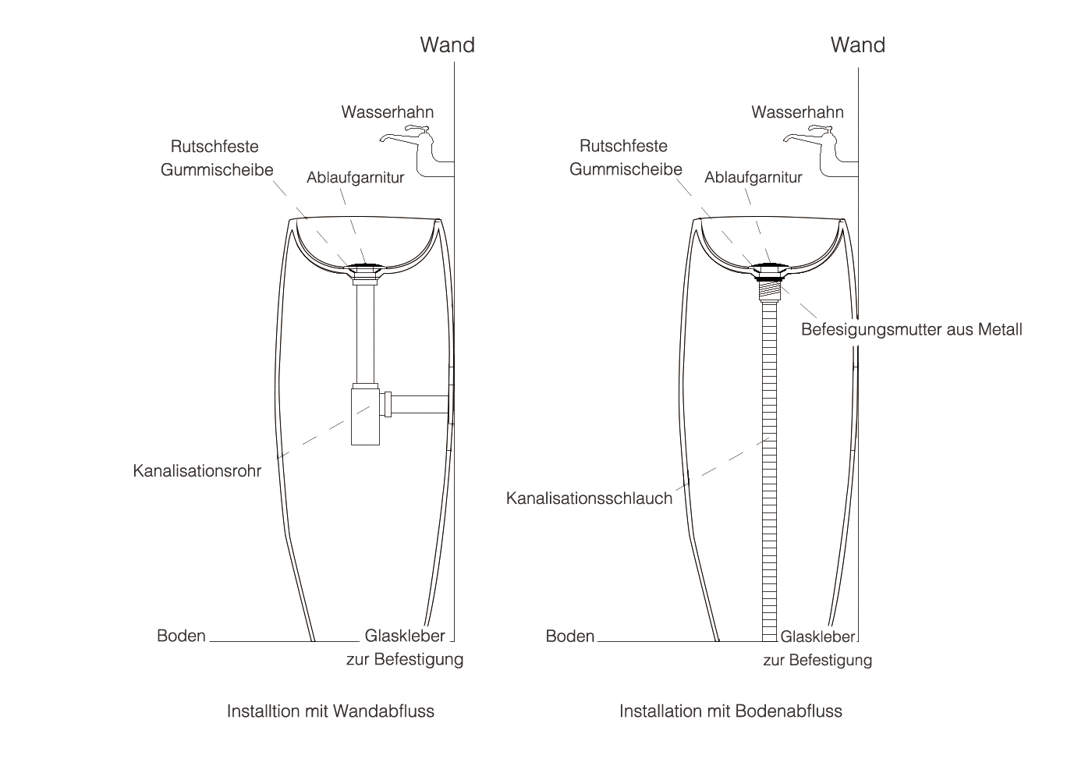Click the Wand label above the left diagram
click(x=447, y=44)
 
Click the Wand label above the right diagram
click(x=857, y=44)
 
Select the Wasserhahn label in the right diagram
click(x=797, y=112)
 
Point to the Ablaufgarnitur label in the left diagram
click(x=355, y=178)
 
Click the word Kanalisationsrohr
click(x=197, y=471)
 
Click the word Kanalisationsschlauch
click(x=589, y=498)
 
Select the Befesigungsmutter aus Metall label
click(x=911, y=329)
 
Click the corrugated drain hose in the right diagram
click(x=770, y=468)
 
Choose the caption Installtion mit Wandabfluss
click(x=330, y=711)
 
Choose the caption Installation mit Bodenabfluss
click(x=730, y=711)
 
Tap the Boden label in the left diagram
click(x=181, y=636)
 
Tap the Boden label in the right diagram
click(x=569, y=636)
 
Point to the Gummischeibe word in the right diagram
click(x=626, y=169)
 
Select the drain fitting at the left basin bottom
click(x=365, y=270)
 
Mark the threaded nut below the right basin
click(x=770, y=285)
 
